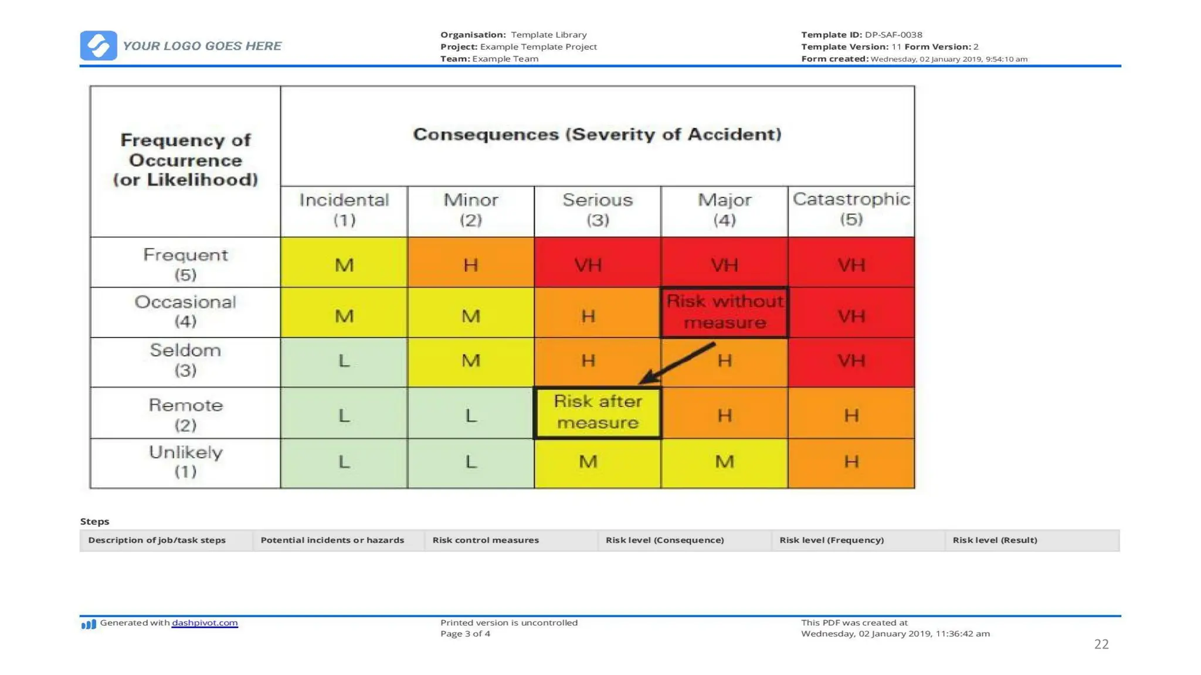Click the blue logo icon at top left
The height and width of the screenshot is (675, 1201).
[98, 46]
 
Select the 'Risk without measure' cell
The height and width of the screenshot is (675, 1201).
[724, 312]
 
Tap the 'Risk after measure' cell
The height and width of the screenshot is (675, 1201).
[597, 412]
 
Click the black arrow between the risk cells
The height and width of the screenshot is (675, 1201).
[677, 363]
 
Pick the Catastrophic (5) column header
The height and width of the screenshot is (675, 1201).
[851, 209]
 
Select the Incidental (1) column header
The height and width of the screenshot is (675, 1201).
[344, 210]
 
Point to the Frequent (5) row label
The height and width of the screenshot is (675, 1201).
[185, 263]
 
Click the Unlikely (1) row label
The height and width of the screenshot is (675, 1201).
[185, 462]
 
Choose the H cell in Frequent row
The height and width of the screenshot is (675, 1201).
[470, 265]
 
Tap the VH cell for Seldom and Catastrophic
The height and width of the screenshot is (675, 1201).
[851, 360]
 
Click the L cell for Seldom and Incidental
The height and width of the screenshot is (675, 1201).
[344, 360]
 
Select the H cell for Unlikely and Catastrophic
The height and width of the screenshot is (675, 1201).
[851, 462]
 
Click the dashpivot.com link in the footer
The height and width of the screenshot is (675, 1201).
[205, 623]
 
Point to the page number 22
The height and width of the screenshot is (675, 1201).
[1101, 644]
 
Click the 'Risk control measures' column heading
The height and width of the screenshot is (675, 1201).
[486, 540]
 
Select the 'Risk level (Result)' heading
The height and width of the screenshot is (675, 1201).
[995, 540]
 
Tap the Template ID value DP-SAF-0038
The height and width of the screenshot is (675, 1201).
[893, 35]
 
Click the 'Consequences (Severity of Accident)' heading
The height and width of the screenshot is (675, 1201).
[597, 134]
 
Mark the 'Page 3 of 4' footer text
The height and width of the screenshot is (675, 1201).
[465, 634]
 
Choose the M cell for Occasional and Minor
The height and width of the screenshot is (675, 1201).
[470, 316]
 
